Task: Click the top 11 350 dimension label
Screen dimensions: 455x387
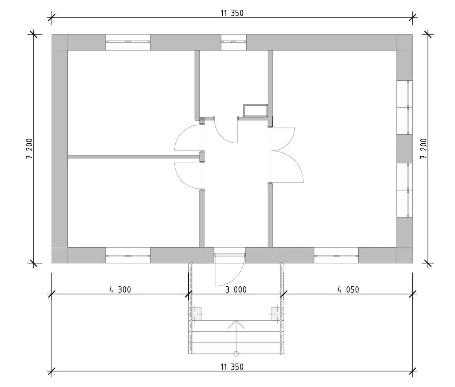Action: [232, 13]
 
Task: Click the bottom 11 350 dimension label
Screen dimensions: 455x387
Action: [232, 367]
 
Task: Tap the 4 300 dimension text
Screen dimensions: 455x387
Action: [120, 290]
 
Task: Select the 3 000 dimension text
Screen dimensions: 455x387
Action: [236, 290]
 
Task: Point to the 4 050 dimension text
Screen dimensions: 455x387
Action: [348, 290]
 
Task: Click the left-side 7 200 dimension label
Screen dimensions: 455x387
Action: [29, 148]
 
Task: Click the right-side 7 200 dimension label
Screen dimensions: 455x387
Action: [423, 148]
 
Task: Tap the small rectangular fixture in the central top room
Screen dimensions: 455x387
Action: [256, 110]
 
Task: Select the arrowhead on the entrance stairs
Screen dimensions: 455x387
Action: [236, 324]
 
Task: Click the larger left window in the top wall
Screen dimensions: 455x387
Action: [128, 42]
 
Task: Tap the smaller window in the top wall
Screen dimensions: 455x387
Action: [233, 42]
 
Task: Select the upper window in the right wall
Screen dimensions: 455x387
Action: [405, 107]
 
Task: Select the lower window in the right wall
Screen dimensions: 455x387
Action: [405, 190]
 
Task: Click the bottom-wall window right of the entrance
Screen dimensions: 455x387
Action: [336, 255]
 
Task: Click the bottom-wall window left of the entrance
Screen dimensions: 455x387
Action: [128, 255]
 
